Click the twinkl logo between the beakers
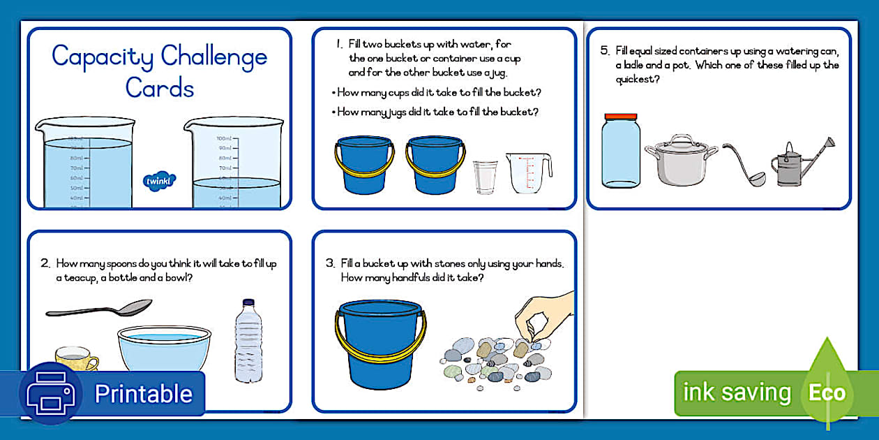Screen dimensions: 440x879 click(160, 181)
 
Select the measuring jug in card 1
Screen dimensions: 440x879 click(528, 173)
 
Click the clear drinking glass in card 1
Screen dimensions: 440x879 click(485, 177)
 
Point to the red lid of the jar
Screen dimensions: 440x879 click(621, 117)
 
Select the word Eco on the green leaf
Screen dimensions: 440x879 click(827, 393)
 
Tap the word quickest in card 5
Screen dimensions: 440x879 click(638, 79)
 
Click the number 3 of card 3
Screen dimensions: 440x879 click(330, 264)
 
